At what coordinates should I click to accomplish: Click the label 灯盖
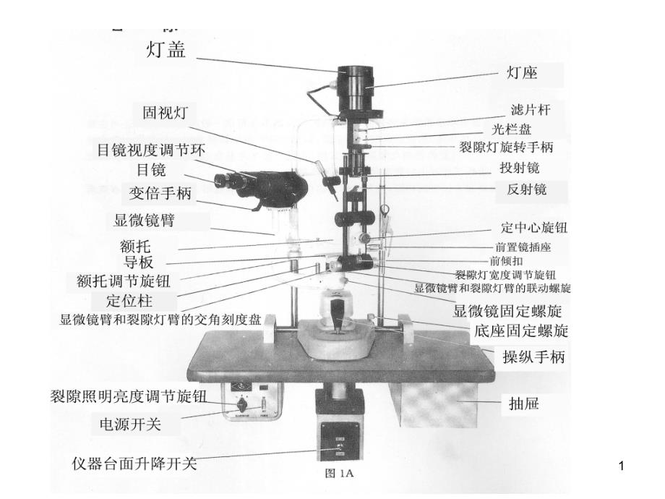(166, 50)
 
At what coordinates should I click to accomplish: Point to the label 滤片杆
(530, 110)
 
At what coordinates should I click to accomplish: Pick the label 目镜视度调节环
(151, 150)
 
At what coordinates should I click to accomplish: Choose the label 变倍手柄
(160, 193)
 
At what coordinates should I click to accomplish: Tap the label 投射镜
(519, 168)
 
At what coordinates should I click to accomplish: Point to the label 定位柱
(129, 300)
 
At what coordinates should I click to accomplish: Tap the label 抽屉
(520, 404)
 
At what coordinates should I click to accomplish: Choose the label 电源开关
(129, 425)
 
